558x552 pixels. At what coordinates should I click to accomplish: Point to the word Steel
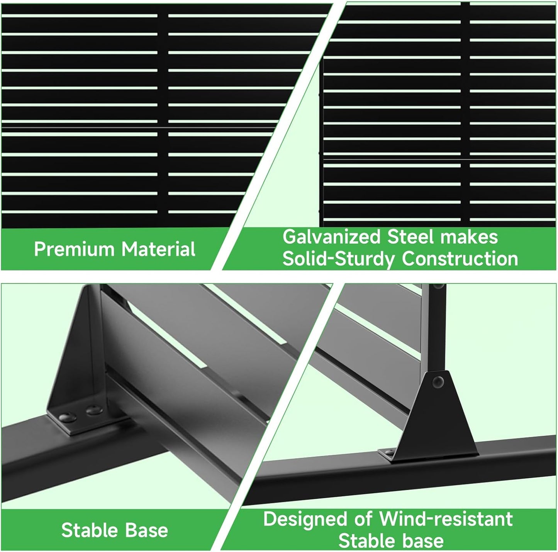tap(410, 237)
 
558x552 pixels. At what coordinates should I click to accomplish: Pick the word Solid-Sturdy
tap(339, 259)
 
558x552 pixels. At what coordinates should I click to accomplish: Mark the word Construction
tap(460, 259)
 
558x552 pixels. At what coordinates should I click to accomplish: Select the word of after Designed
tap(364, 519)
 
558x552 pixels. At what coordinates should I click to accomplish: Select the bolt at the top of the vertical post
tap(438, 286)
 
